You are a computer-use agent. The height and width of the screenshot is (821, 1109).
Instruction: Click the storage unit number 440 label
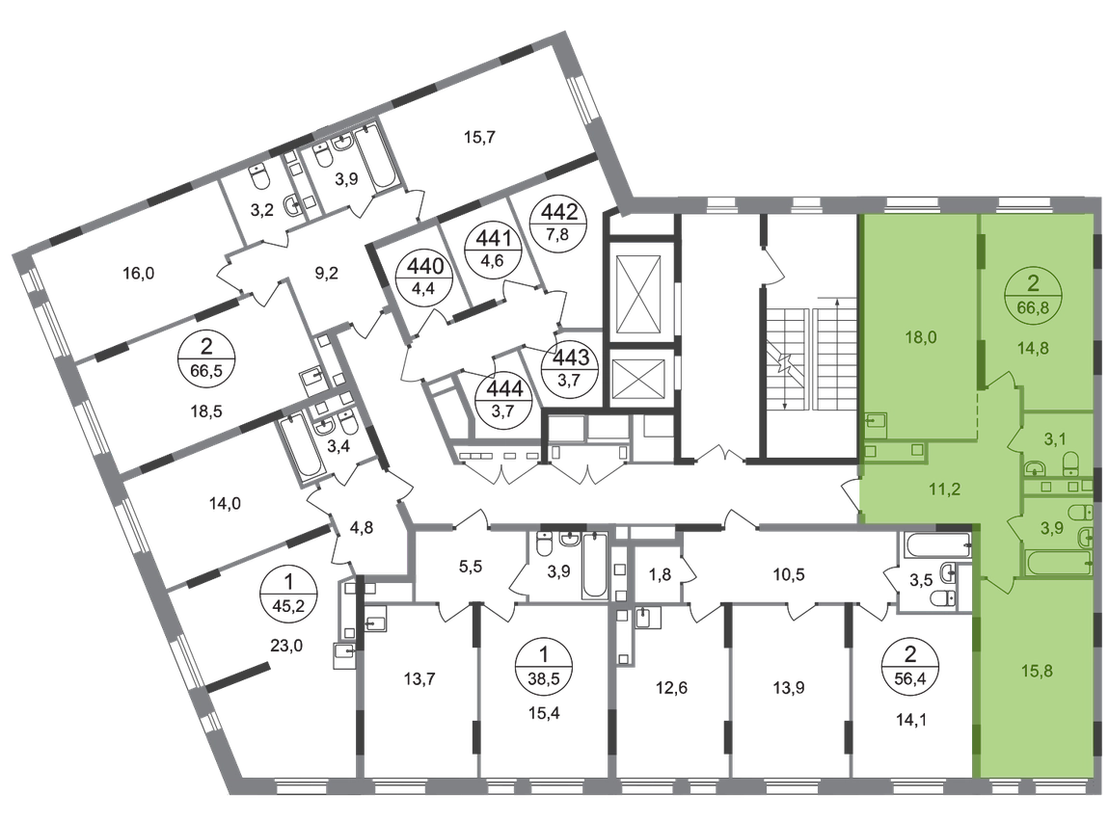point(426,266)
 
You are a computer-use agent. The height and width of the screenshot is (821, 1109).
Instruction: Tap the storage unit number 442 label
point(559,211)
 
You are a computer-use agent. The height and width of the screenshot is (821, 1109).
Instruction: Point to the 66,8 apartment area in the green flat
point(1034,308)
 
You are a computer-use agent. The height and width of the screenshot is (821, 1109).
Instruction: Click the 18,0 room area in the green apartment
point(920,337)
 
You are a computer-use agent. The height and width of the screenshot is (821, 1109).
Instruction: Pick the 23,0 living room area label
point(286,645)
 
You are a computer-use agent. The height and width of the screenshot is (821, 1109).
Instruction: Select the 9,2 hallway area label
point(326,273)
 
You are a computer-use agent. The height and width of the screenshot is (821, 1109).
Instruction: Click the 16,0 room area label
point(139,273)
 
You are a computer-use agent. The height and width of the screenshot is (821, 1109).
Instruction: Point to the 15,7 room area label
point(479,137)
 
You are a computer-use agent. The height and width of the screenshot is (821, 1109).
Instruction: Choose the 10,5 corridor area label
point(789,574)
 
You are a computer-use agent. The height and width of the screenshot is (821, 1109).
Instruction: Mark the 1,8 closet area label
point(660,574)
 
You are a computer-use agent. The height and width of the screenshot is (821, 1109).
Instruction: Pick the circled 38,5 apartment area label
point(543,668)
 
